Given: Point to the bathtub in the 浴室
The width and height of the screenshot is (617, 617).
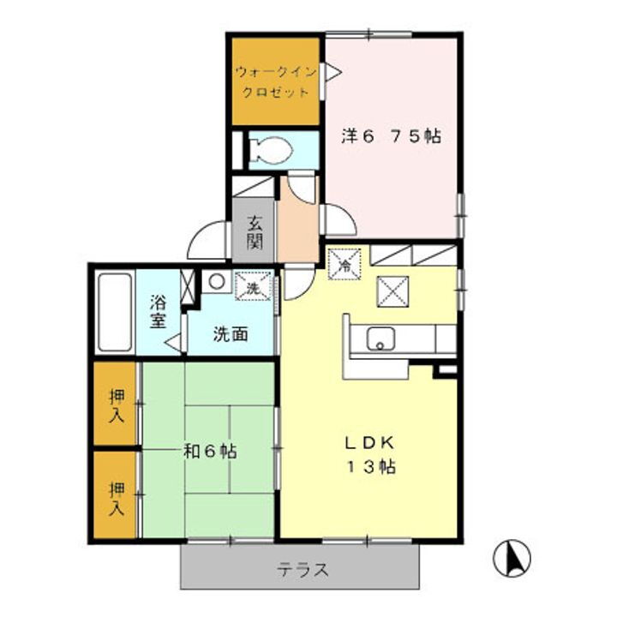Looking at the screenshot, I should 113,312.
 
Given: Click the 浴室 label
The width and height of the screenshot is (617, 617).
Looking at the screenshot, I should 158,311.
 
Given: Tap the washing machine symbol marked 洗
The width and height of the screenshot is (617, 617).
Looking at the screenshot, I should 255,288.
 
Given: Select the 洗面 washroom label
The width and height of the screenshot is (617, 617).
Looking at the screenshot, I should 231,332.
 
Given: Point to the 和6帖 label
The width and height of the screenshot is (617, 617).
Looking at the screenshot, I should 209,451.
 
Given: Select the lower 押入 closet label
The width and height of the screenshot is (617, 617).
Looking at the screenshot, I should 116,496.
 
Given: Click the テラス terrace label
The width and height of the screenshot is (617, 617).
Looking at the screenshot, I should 302,569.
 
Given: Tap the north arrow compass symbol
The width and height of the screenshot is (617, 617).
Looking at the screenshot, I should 512,558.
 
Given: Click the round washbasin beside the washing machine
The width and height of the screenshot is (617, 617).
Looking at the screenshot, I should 216,280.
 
